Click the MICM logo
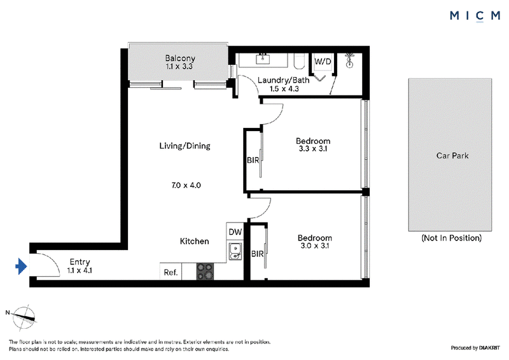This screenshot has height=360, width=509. (475, 15)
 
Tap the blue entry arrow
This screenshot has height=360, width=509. (21, 267)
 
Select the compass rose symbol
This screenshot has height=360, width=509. (24, 317)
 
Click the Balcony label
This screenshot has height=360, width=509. (180, 59)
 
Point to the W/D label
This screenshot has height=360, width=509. (323, 61)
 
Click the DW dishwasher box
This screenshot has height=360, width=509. (235, 232)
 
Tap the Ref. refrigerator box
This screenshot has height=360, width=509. (171, 272)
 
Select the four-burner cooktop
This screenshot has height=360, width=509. (205, 272)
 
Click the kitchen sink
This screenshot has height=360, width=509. (235, 252)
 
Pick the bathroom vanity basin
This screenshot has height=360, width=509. (262, 59)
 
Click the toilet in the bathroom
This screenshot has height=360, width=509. (299, 61)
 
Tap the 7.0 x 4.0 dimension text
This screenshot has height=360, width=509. (186, 185)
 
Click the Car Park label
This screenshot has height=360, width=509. (452, 156)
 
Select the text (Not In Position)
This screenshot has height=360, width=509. (452, 238)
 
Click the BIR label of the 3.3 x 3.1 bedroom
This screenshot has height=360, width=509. (253, 160)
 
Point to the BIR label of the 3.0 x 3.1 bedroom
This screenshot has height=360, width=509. (258, 254)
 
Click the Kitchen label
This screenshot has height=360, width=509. (195, 241)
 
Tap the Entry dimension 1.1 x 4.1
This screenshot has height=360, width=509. (80, 270)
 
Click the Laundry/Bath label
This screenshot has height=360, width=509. (283, 80)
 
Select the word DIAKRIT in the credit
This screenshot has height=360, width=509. (489, 348)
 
